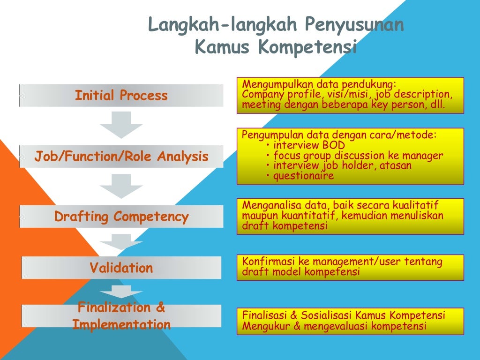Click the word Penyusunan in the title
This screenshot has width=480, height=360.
[x=354, y=25]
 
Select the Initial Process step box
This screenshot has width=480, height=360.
[x=121, y=96]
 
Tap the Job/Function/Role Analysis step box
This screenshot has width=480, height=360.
[x=121, y=157]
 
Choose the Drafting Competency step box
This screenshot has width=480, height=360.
[x=121, y=217]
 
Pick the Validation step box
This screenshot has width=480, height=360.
[x=121, y=268]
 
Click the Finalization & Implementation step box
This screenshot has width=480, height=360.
[x=121, y=316]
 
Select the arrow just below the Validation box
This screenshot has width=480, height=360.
[x=121, y=291]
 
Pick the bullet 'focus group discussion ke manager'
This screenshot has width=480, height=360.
[x=358, y=156]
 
